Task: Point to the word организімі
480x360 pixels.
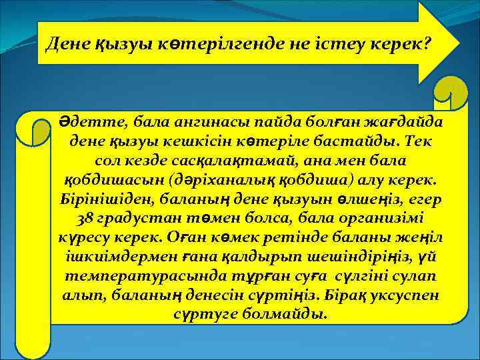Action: click(x=383, y=219)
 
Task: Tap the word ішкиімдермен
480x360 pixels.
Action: click(x=127, y=257)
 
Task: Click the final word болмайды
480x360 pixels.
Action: click(x=289, y=313)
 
